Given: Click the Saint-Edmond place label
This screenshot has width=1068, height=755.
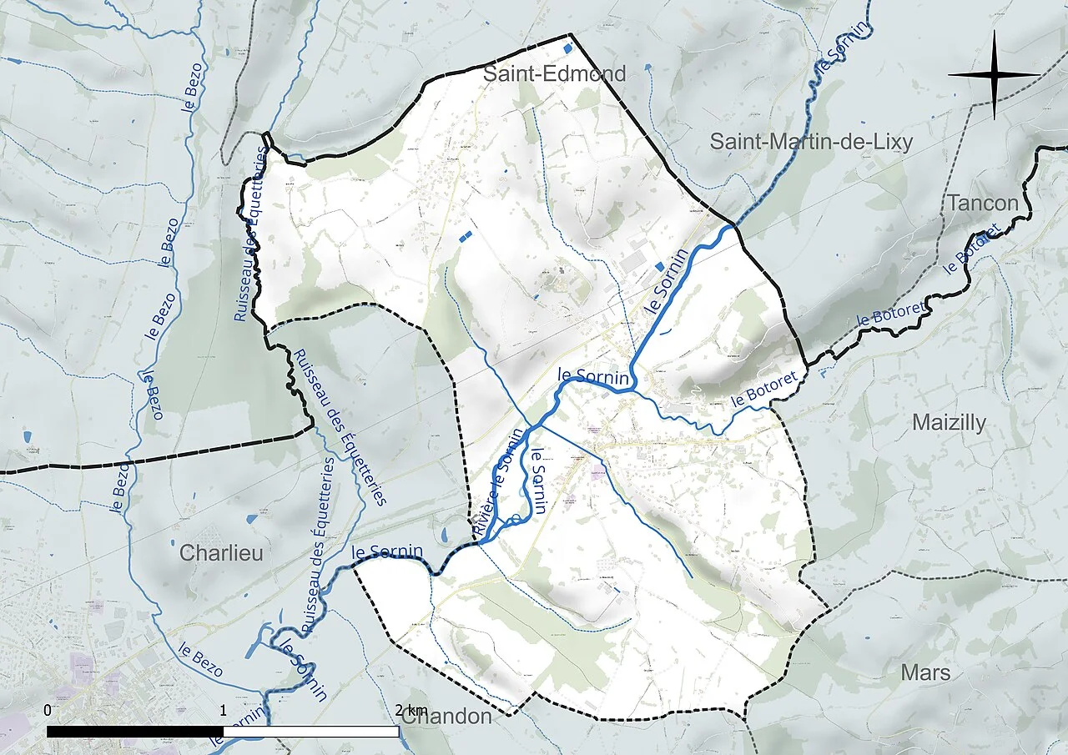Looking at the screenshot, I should pos(555,74).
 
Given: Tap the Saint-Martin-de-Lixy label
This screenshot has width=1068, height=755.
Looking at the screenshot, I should pos(811,142).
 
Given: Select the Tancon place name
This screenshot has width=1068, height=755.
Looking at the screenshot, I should pos(982,203).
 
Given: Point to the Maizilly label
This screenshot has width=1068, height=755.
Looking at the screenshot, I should pos(948,423).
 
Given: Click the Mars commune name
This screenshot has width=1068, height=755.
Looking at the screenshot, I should pos(925,672).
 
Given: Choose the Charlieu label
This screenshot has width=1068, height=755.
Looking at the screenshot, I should pos(221,553).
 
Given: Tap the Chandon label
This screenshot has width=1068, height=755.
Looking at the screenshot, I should pos(446,717).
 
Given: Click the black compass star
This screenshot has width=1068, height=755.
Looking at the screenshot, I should pos(994,75).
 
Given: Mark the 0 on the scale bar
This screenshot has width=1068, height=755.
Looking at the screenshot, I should pos(47,710).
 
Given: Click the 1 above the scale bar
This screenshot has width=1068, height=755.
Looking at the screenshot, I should pos(223,710).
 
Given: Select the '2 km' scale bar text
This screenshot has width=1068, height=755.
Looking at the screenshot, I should pos(410,710).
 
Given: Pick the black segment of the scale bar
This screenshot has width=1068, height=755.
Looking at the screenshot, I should pos(134,732).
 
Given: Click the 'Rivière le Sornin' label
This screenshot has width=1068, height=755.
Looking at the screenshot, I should pos(499,482).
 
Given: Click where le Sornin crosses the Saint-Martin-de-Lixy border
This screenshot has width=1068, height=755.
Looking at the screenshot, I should pos(733,226).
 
